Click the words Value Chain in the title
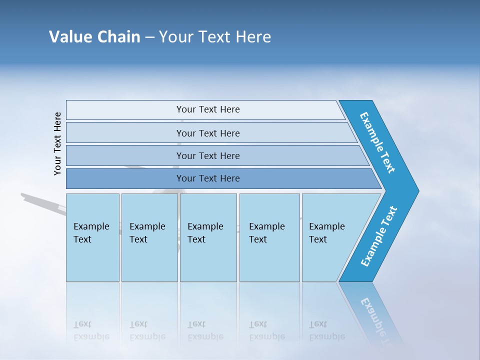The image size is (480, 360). tap(94, 37)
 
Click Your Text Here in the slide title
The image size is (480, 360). tap(215, 37)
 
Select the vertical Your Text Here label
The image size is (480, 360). tap(57, 143)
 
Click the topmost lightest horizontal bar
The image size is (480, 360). tap(207, 109)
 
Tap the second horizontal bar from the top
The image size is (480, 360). tap(207, 133)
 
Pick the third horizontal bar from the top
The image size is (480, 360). tap(207, 155)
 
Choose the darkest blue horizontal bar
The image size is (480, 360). tap(207, 178)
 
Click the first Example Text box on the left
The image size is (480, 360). tap(92, 237)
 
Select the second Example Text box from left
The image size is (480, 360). tap(149, 237)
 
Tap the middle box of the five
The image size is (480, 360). tap(208, 237)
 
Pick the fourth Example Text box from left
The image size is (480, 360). tap(269, 237)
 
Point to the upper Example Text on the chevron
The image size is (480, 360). tap(378, 142)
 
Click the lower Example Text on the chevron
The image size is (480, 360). tap(379, 236)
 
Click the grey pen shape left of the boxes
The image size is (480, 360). tap(42, 202)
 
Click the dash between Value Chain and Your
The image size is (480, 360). tap(149, 37)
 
